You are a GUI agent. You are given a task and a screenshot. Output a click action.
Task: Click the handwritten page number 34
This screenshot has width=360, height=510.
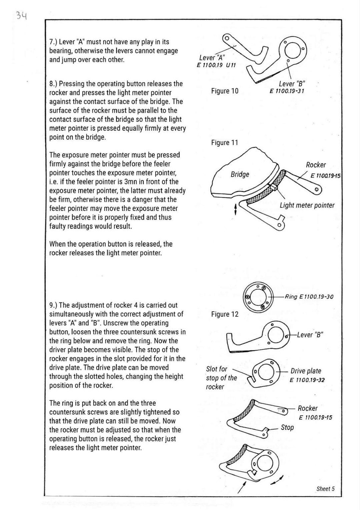click(22, 16)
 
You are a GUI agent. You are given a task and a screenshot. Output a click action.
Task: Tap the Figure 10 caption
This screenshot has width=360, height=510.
click(225, 91)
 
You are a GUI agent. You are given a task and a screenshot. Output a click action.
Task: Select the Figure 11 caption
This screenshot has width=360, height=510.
click(225, 143)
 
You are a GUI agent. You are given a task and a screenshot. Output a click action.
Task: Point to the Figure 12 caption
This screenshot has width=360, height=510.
click(225, 314)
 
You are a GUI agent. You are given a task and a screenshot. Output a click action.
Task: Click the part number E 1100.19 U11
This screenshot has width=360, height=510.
click(216, 65)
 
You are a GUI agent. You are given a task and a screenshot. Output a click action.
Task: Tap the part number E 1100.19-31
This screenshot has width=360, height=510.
click(287, 91)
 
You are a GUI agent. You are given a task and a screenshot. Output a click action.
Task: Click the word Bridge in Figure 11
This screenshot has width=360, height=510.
click(240, 175)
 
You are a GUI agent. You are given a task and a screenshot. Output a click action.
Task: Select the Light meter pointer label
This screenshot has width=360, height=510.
click(307, 205)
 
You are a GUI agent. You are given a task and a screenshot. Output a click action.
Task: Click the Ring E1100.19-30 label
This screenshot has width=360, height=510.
click(309, 297)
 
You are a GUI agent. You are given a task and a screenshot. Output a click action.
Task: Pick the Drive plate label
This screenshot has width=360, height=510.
click(306, 371)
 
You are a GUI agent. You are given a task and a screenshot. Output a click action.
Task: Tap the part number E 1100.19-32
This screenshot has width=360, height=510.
click(307, 380)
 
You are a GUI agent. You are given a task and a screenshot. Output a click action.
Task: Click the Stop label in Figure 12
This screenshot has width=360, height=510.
click(287, 427)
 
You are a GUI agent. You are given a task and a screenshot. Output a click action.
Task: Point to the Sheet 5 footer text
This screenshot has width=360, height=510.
click(325, 489)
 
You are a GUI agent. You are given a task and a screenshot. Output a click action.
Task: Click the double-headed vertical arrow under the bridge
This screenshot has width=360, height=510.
click(236, 209)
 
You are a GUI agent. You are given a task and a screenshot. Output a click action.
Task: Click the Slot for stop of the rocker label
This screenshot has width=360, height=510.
click(221, 378)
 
